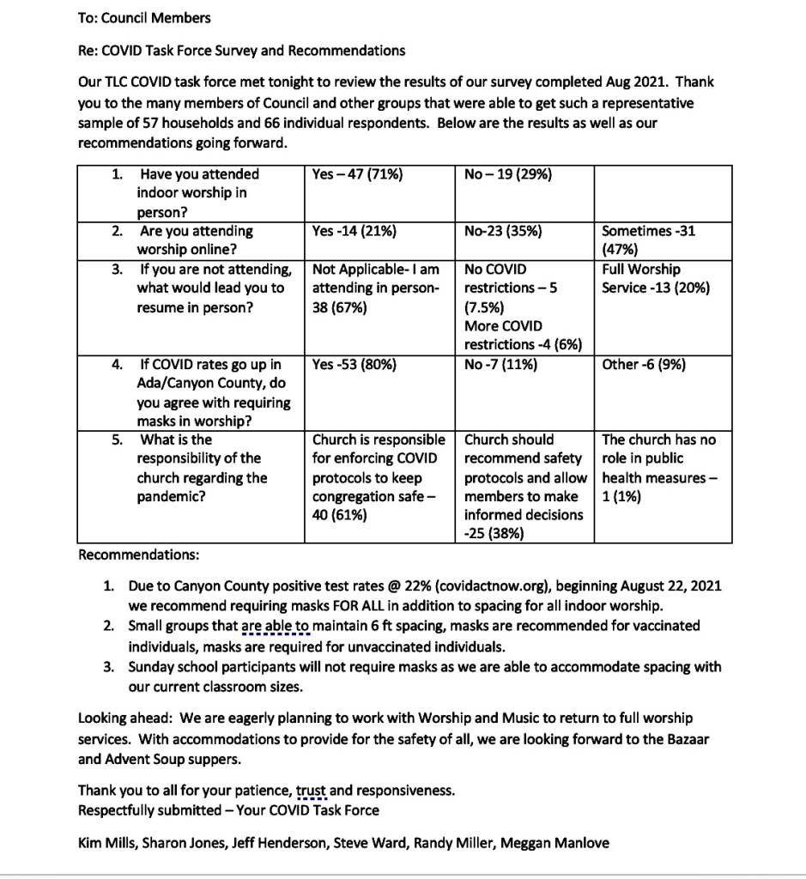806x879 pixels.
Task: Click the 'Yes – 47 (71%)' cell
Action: point(358,174)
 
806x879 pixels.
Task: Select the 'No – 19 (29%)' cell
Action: point(508,174)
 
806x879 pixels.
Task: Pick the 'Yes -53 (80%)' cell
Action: point(355,364)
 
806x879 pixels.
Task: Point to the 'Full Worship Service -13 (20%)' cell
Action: point(656,278)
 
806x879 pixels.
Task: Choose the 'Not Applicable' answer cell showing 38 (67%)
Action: point(376,288)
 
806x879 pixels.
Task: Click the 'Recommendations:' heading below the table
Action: point(138,555)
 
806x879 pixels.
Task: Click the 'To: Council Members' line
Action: point(144,17)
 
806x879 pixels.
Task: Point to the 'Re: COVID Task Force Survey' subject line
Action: point(241,50)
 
